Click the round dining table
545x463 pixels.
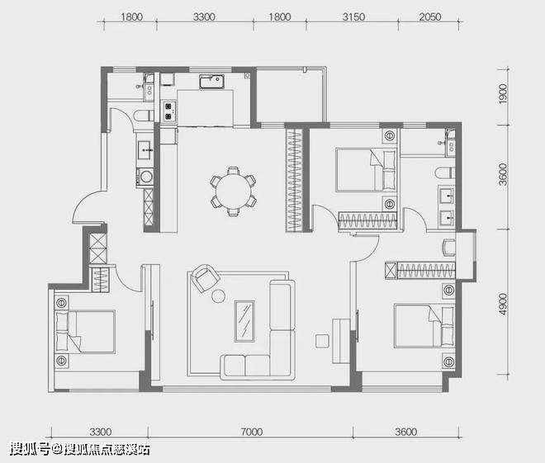coord(233,191)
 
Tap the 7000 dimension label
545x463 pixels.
coord(252,432)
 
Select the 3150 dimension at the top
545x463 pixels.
coord(353,17)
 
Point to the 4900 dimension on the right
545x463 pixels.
coord(503,305)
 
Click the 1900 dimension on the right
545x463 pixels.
coord(503,93)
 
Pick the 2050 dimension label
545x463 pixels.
coord(430,17)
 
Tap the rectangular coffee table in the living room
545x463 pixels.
coord(244,321)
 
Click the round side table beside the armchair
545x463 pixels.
coord(218,296)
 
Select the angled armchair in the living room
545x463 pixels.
coord(206,278)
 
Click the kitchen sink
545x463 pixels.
coord(211,82)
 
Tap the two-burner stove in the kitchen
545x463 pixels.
coord(169,111)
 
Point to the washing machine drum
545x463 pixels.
coord(145,177)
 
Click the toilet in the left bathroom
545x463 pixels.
coord(144,116)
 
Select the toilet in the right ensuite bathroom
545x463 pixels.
coord(444,172)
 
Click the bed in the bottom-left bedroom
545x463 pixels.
coord(85,332)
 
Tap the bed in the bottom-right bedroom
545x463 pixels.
coord(424,326)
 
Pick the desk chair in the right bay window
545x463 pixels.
coord(449,247)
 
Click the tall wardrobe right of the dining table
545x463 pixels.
coord(294,180)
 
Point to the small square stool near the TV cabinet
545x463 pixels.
coord(322,340)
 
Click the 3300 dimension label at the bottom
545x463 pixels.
coord(101,432)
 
